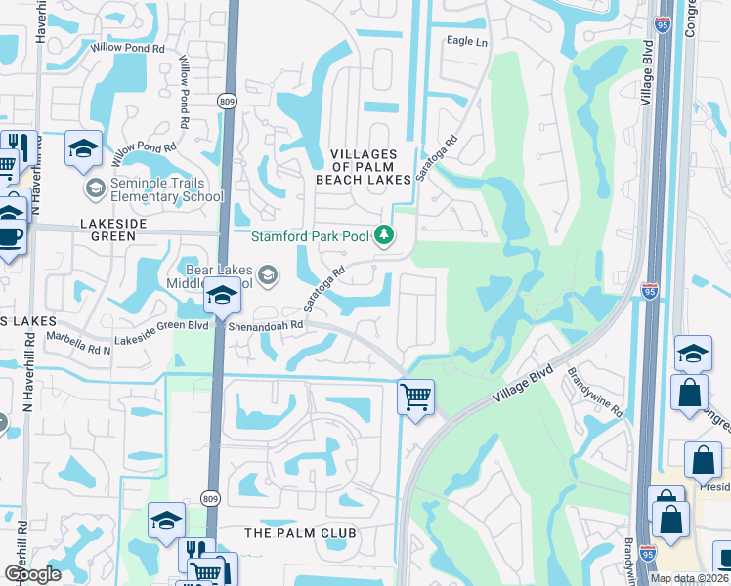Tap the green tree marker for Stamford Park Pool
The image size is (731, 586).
385,234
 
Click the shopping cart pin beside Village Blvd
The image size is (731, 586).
416,398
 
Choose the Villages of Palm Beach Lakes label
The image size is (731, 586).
364,167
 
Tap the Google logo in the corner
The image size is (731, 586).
32,573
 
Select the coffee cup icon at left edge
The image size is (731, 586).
10,236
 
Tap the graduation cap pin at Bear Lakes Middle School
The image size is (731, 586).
223,296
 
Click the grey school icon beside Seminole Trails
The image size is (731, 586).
95,188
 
